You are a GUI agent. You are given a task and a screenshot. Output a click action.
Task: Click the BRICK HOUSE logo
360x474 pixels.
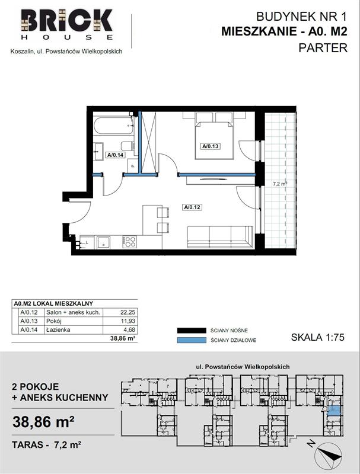pos(67,24)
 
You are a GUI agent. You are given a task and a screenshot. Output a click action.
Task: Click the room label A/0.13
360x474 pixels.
pos(211,146)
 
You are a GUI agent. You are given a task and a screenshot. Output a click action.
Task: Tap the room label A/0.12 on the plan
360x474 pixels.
pos(192,207)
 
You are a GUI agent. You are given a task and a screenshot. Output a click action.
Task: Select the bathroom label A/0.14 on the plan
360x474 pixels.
pos(115,155)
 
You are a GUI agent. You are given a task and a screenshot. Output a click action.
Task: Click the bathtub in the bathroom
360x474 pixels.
pos(114,126)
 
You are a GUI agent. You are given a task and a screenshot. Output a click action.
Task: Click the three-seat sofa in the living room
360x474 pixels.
pos(220,237)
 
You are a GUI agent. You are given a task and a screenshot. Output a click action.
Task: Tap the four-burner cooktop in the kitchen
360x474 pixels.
pos(129,242)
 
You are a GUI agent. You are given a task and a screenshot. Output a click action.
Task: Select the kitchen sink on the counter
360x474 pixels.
pos(104,242)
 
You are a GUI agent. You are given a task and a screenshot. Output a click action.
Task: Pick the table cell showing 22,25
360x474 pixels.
pos(128,312)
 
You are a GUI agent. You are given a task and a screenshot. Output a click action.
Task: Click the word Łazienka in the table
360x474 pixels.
pos(58,330)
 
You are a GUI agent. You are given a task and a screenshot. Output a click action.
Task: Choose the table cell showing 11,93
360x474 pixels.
pos(128,321)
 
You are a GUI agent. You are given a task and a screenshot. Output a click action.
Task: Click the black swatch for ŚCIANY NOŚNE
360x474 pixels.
pos(191,331)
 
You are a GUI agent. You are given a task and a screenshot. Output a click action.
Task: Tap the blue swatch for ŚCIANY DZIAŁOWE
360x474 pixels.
pos(191,340)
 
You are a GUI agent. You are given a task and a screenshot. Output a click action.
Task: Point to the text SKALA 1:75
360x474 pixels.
pos(318,337)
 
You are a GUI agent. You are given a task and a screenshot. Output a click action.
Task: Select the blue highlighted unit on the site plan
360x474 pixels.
pos(334,411)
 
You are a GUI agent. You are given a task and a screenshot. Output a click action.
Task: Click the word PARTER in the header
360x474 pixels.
pos(323,48)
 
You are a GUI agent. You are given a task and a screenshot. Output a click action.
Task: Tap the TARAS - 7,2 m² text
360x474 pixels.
pos(46,445)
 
